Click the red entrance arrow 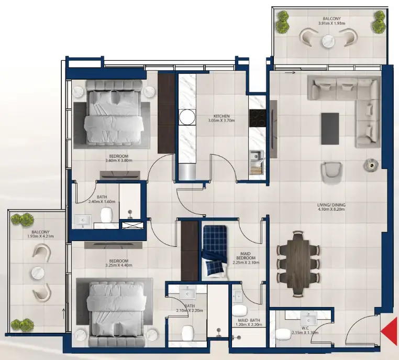click(x=389, y=331)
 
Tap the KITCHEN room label click(x=221, y=116)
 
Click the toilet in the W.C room click(x=283, y=334)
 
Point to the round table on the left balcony click(x=38, y=272)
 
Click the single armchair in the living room click(x=330, y=172)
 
